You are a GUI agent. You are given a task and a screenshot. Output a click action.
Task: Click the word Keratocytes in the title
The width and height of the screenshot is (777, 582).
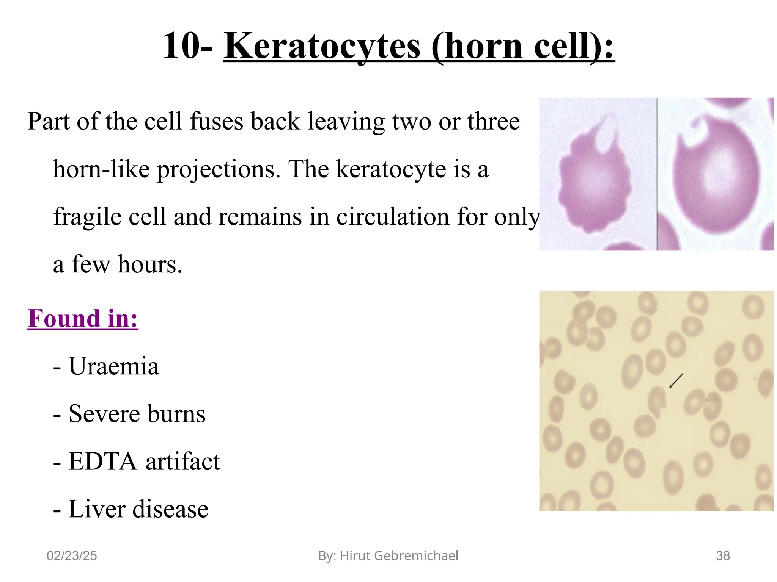pyautogui.click(x=322, y=46)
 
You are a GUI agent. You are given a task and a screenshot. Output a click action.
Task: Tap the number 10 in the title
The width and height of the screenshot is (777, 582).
pyautogui.click(x=181, y=46)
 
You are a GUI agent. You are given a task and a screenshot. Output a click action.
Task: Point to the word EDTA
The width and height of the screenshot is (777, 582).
pyautogui.click(x=102, y=462)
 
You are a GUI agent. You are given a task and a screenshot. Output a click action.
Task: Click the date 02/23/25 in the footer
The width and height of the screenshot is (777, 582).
pyautogui.click(x=72, y=556)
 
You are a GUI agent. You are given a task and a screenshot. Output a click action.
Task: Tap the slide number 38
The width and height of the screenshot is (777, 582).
pyautogui.click(x=722, y=556)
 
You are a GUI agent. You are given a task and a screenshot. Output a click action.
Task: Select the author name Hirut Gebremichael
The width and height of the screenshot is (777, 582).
pyautogui.click(x=399, y=556)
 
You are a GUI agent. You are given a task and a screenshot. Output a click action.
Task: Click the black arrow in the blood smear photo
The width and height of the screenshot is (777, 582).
pyautogui.click(x=676, y=381)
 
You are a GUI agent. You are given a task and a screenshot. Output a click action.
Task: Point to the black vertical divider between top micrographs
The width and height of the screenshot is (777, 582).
pyautogui.click(x=657, y=174)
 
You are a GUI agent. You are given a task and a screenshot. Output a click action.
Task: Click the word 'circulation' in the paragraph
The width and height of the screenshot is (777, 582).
pyautogui.click(x=393, y=217)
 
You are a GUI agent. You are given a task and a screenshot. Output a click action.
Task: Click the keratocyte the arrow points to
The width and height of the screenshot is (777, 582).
pyautogui.click(x=657, y=402)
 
